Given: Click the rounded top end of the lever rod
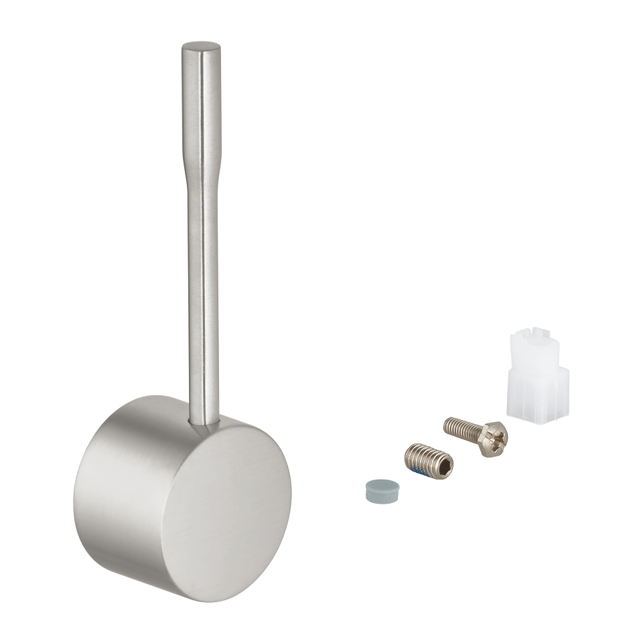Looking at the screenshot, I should click(x=201, y=48).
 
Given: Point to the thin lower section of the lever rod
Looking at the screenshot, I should click(x=203, y=301).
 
